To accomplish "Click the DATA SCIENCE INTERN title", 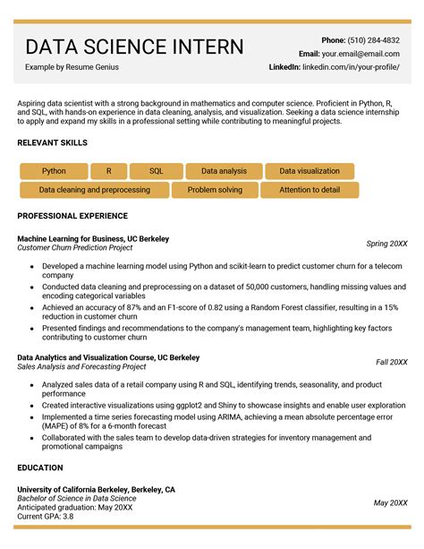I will tap(134, 47).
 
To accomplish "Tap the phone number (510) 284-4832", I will tap(373, 40).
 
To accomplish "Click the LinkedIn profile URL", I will tap(352, 67).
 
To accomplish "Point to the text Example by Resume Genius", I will tap(72, 67).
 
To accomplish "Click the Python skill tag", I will tap(54, 171).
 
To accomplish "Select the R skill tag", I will tap(109, 171).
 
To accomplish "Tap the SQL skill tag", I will tap(156, 171).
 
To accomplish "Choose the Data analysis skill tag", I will tap(224, 171).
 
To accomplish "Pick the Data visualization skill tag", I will tap(310, 171).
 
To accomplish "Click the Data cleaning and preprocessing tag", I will tap(94, 190).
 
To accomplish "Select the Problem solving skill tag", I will tap(215, 190).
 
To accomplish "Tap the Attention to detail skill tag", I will tap(310, 190).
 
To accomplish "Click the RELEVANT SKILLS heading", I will tap(52, 143).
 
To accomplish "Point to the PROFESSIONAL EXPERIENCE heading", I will tap(72, 216).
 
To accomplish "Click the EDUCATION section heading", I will tap(40, 468).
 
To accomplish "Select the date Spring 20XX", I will tap(386, 244).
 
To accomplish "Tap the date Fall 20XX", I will tap(391, 362).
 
